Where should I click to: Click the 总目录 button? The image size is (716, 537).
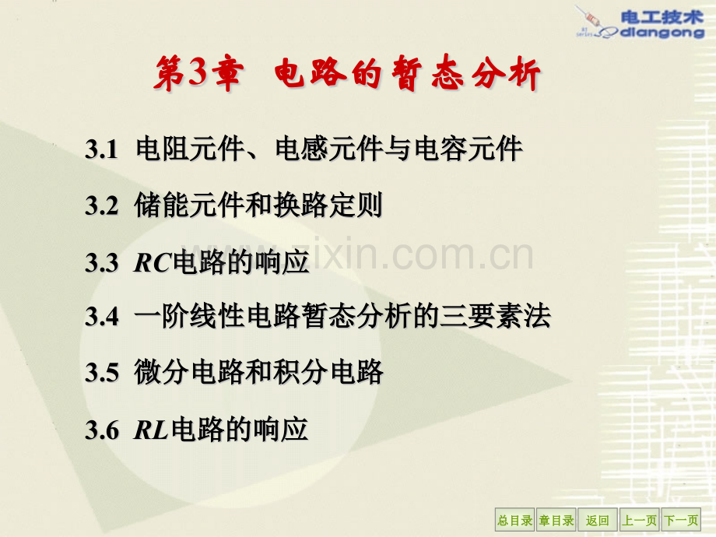pos(514,521)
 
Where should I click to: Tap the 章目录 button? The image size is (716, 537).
pos(556,521)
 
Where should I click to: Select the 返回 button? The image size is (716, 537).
pos(598,521)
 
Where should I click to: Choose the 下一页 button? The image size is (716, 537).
pos(680,521)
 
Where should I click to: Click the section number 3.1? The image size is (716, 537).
pos(101,149)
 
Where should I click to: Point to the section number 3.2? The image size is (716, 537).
pos(101,206)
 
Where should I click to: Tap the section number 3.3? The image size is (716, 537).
pos(101,263)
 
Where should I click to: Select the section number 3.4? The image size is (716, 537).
pos(101,317)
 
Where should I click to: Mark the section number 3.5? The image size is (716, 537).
pos(101,374)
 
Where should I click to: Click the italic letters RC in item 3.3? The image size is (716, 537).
pos(152,263)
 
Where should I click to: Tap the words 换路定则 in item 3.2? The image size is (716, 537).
pos(328,206)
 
